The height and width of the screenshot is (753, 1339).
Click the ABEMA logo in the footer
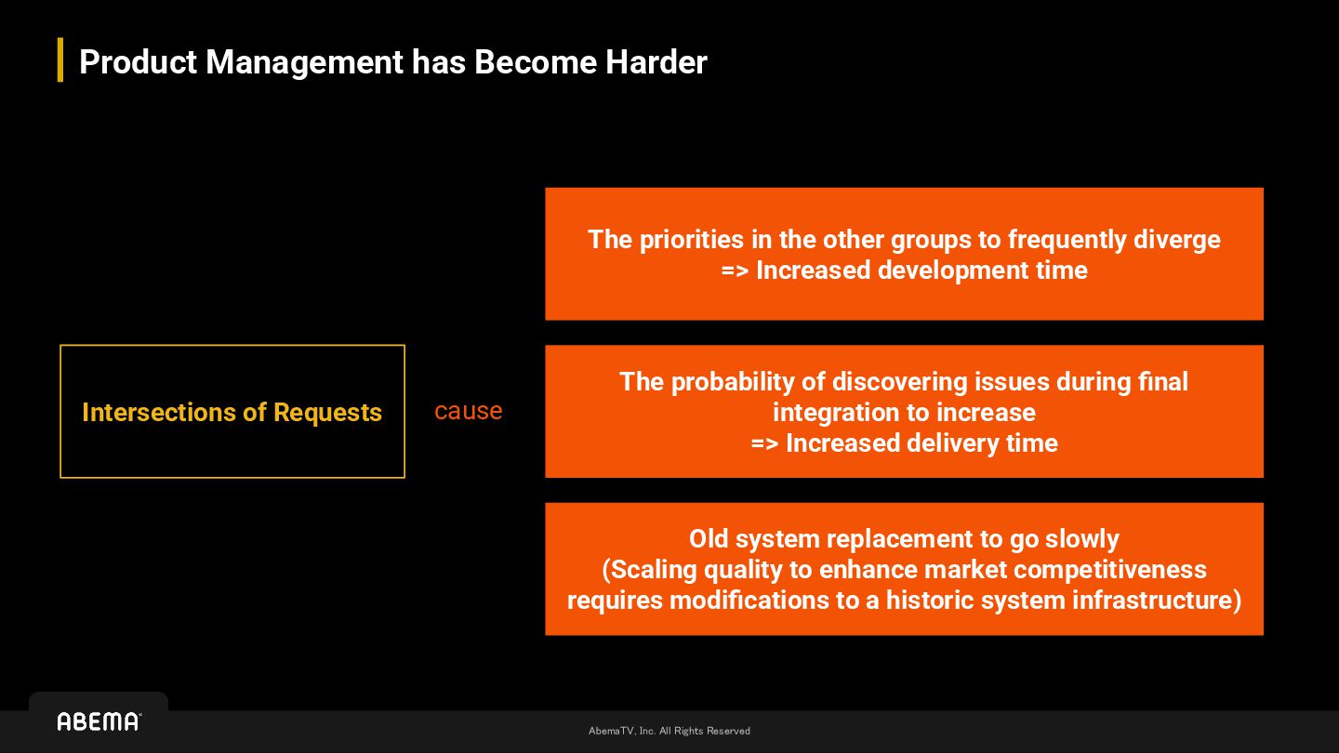pyautogui.click(x=99, y=721)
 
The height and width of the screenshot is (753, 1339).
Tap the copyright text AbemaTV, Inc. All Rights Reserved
pyautogui.click(x=669, y=731)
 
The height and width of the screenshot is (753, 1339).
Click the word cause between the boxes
pyautogui.click(x=468, y=411)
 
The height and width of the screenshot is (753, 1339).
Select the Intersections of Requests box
pyautogui.click(x=232, y=411)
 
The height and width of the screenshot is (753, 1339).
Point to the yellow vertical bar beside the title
pyautogui.click(x=60, y=60)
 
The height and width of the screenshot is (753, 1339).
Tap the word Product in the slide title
pyautogui.click(x=139, y=62)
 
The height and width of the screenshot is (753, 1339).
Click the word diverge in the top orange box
pyautogui.click(x=1176, y=240)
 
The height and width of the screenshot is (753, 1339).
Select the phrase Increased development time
pyautogui.click(x=921, y=271)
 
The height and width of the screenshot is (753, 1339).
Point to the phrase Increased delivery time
pyautogui.click(x=921, y=443)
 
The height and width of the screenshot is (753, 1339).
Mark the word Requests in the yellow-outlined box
pyautogui.click(x=327, y=413)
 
